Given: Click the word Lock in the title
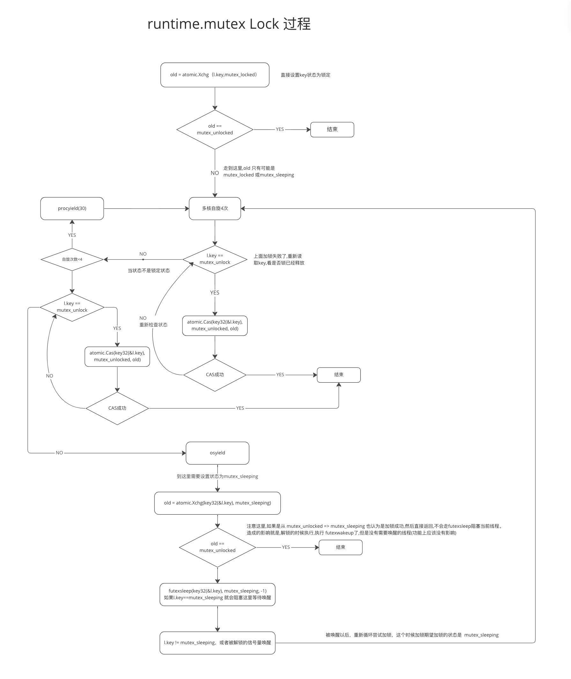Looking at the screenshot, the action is [264, 24].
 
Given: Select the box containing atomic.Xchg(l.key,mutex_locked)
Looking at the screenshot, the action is [215, 75].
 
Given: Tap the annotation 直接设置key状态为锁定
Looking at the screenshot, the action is [305, 75].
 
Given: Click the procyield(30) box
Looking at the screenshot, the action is [72, 209].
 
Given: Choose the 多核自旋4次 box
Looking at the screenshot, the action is [215, 209].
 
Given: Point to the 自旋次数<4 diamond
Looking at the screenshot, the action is [72, 259].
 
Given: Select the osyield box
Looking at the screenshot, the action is [218, 453].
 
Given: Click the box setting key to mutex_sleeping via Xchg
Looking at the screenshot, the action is [218, 503].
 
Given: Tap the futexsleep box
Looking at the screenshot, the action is [218, 594].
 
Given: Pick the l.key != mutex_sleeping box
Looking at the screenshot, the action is [218, 643].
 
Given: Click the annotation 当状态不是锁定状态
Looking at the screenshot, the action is [149, 270].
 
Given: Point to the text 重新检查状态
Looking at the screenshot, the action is [153, 325].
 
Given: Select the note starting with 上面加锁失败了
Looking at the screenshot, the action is [279, 259].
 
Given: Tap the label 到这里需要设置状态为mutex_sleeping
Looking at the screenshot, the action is [218, 476].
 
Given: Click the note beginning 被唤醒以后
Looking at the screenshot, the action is [412, 635].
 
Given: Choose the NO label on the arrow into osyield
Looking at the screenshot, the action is [59, 453].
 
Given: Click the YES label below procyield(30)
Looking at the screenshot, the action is [72, 235].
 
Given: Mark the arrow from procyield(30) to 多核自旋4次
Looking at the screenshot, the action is [146, 209].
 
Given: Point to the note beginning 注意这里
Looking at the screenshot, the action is [374, 529].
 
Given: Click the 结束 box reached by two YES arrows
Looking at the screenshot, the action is [338, 375].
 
